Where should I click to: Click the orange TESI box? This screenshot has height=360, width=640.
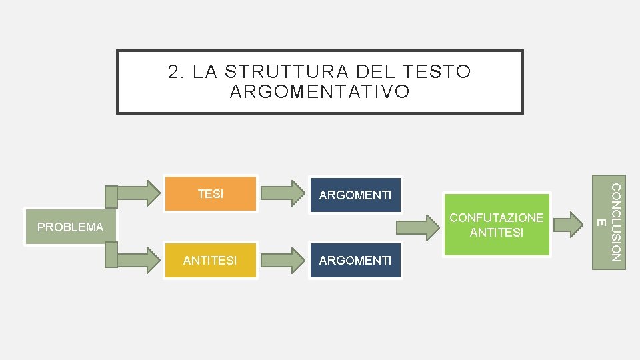click(x=211, y=194)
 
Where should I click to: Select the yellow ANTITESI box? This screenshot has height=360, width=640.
click(x=210, y=260)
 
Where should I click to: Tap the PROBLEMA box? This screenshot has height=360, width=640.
click(x=71, y=227)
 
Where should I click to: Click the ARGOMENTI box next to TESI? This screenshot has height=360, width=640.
click(x=355, y=195)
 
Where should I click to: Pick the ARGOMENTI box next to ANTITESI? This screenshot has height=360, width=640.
click(x=355, y=260)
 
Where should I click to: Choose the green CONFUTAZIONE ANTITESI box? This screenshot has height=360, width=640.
click(x=497, y=225)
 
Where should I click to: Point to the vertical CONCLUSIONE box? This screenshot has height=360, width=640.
click(x=609, y=222)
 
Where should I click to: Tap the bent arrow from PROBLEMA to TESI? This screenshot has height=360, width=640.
click(x=133, y=194)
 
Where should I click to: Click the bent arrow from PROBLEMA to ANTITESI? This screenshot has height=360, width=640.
click(x=133, y=257)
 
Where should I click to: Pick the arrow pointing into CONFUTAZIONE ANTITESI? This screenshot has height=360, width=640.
click(x=420, y=228)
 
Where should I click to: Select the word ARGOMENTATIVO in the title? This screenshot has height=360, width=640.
click(x=319, y=92)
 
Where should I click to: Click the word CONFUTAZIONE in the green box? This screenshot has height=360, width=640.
click(x=497, y=217)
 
